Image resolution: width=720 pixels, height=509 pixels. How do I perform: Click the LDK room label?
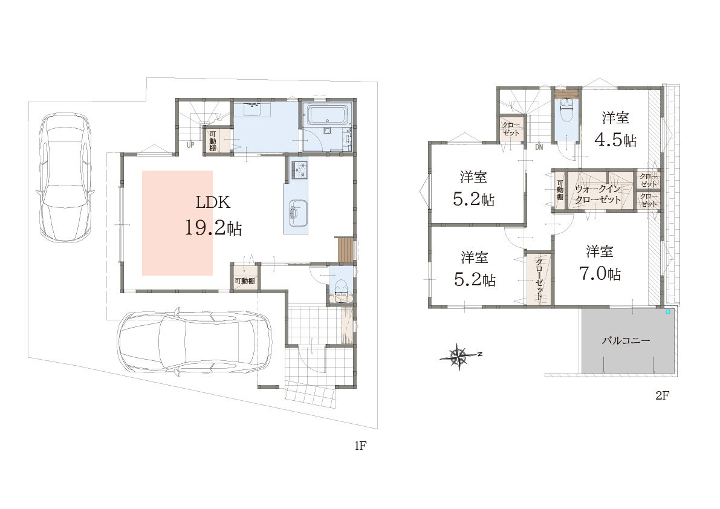point(213,203)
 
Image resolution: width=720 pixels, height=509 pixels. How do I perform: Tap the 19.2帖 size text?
point(213,228)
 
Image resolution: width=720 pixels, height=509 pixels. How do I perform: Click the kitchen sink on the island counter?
point(295,213)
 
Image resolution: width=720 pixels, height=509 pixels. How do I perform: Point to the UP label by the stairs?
point(190,145)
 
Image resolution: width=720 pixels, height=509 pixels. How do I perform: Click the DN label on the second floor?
point(539,148)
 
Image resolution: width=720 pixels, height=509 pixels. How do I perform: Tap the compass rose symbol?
point(460,355)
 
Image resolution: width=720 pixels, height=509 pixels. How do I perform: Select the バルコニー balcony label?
point(626,340)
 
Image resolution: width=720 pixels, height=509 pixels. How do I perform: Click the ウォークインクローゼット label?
point(598,194)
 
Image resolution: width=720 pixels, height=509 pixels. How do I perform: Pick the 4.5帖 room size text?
point(615,140)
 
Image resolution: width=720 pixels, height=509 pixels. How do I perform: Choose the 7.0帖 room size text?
point(600,274)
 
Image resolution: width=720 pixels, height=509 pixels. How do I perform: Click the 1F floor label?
point(360,445)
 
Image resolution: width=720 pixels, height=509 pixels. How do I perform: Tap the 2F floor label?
point(662,395)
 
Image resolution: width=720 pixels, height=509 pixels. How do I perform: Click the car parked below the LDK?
point(194,342)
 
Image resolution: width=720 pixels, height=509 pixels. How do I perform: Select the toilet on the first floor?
point(341,289)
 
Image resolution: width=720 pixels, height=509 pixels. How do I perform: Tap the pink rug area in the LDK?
point(177,223)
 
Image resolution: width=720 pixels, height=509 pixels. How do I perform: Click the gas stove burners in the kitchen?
point(299,170)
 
